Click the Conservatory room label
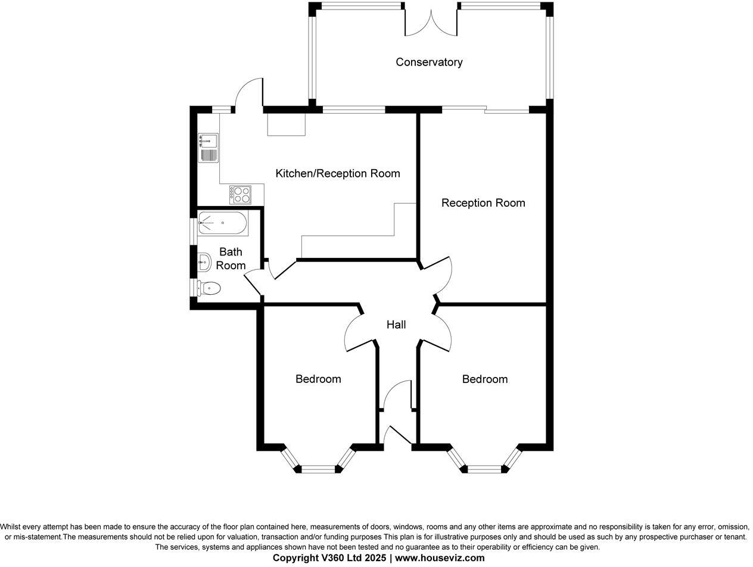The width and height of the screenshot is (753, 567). tap(429, 62)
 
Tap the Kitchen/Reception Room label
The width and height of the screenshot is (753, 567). tap(337, 173)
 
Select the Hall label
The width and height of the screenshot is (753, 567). tap(396, 325)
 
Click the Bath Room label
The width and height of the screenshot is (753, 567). tap(231, 258)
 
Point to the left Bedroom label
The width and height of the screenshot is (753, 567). tap(318, 379)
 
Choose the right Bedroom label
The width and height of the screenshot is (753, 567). tap(484, 379)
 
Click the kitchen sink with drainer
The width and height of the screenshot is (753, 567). tap(209, 148)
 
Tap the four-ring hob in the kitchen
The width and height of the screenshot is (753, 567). tap(241, 195)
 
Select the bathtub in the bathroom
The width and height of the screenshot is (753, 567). tap(222, 223)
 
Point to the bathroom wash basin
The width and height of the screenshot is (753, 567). tap(204, 261)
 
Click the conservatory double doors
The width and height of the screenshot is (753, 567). tap(431, 21)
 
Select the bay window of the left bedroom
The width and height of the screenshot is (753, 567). tap(318, 465)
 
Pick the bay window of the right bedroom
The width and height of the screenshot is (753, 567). tap(484, 465)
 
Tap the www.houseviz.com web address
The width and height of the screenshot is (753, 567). tap(440, 558)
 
